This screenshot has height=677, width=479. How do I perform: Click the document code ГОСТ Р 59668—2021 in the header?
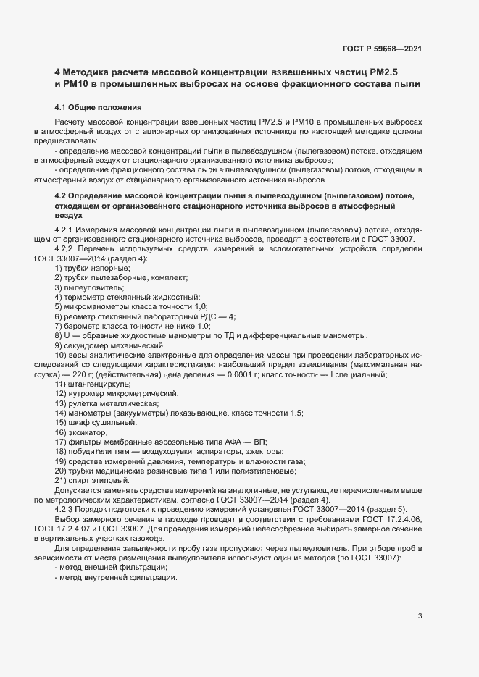382,49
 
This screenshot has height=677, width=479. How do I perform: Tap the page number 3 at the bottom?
420,555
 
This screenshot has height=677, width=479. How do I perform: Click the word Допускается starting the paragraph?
76,490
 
